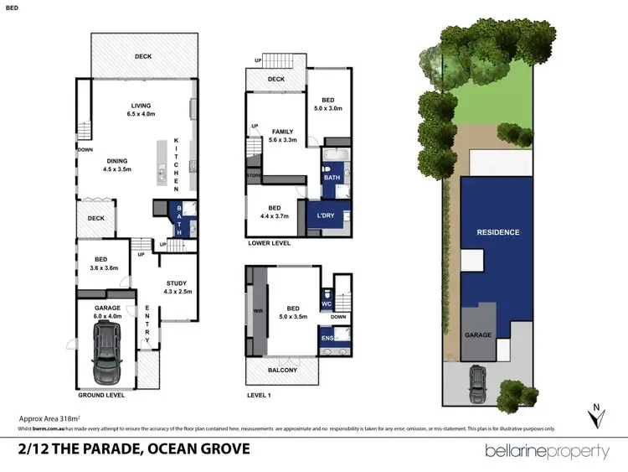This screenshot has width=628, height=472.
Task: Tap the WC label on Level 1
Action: [x=328, y=303]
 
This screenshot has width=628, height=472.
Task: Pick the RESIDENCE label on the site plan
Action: [x=497, y=232]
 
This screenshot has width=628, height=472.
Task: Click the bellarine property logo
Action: [x=547, y=451]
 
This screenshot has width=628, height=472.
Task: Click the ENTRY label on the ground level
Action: [x=147, y=324]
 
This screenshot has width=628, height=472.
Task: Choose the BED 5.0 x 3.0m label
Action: [x=327, y=103]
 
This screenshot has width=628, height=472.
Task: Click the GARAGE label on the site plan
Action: [x=478, y=335]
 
